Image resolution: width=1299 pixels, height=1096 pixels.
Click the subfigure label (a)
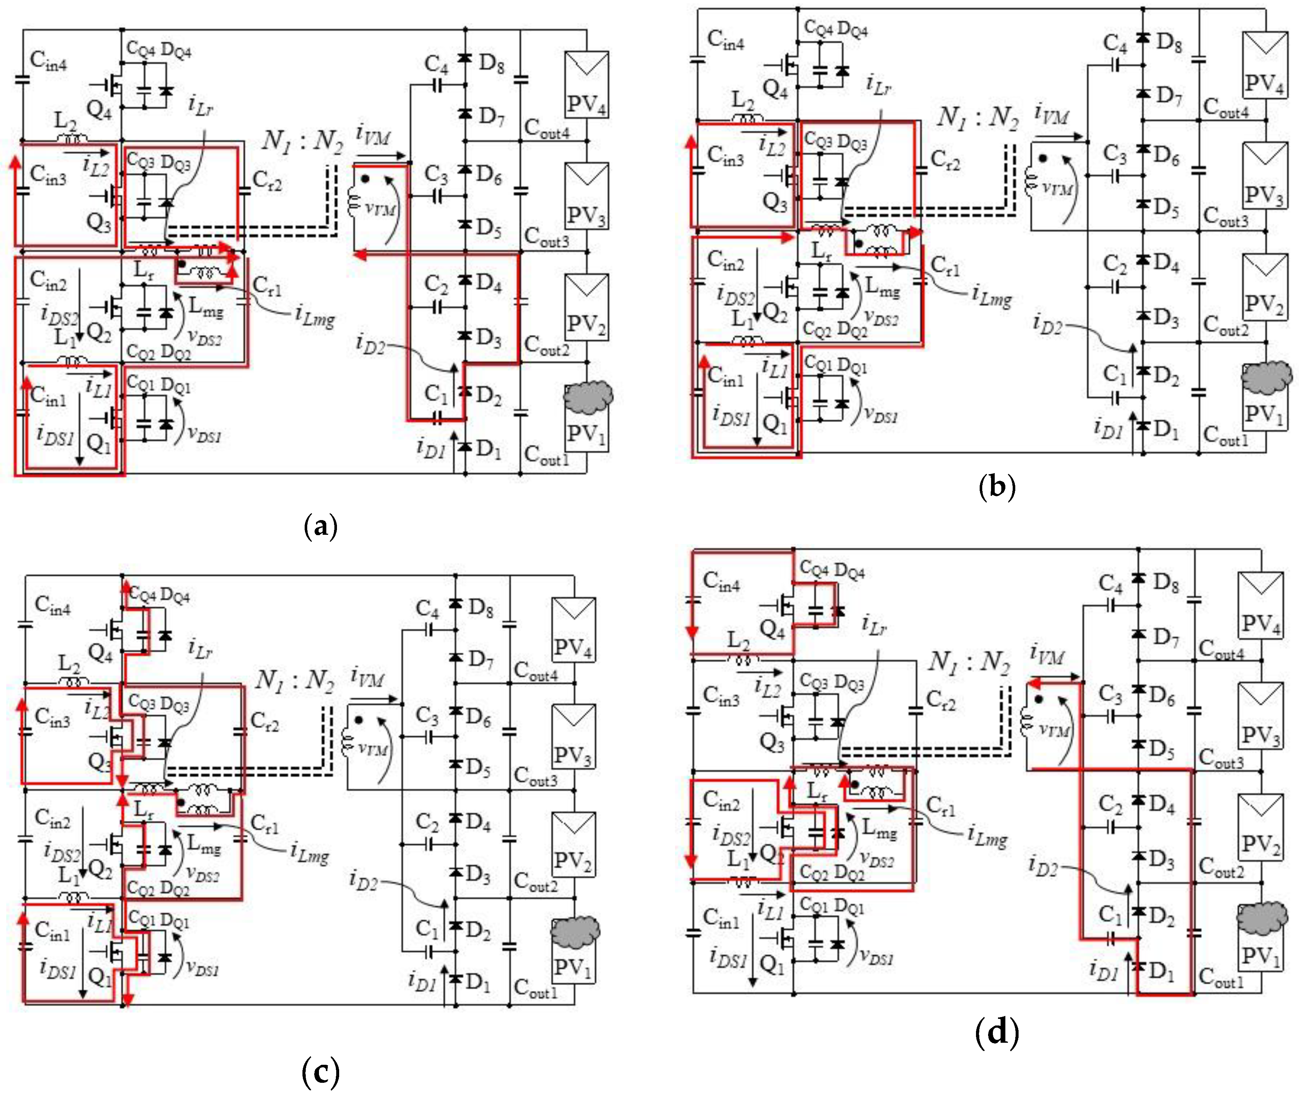321,527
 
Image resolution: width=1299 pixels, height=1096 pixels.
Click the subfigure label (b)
997,487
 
